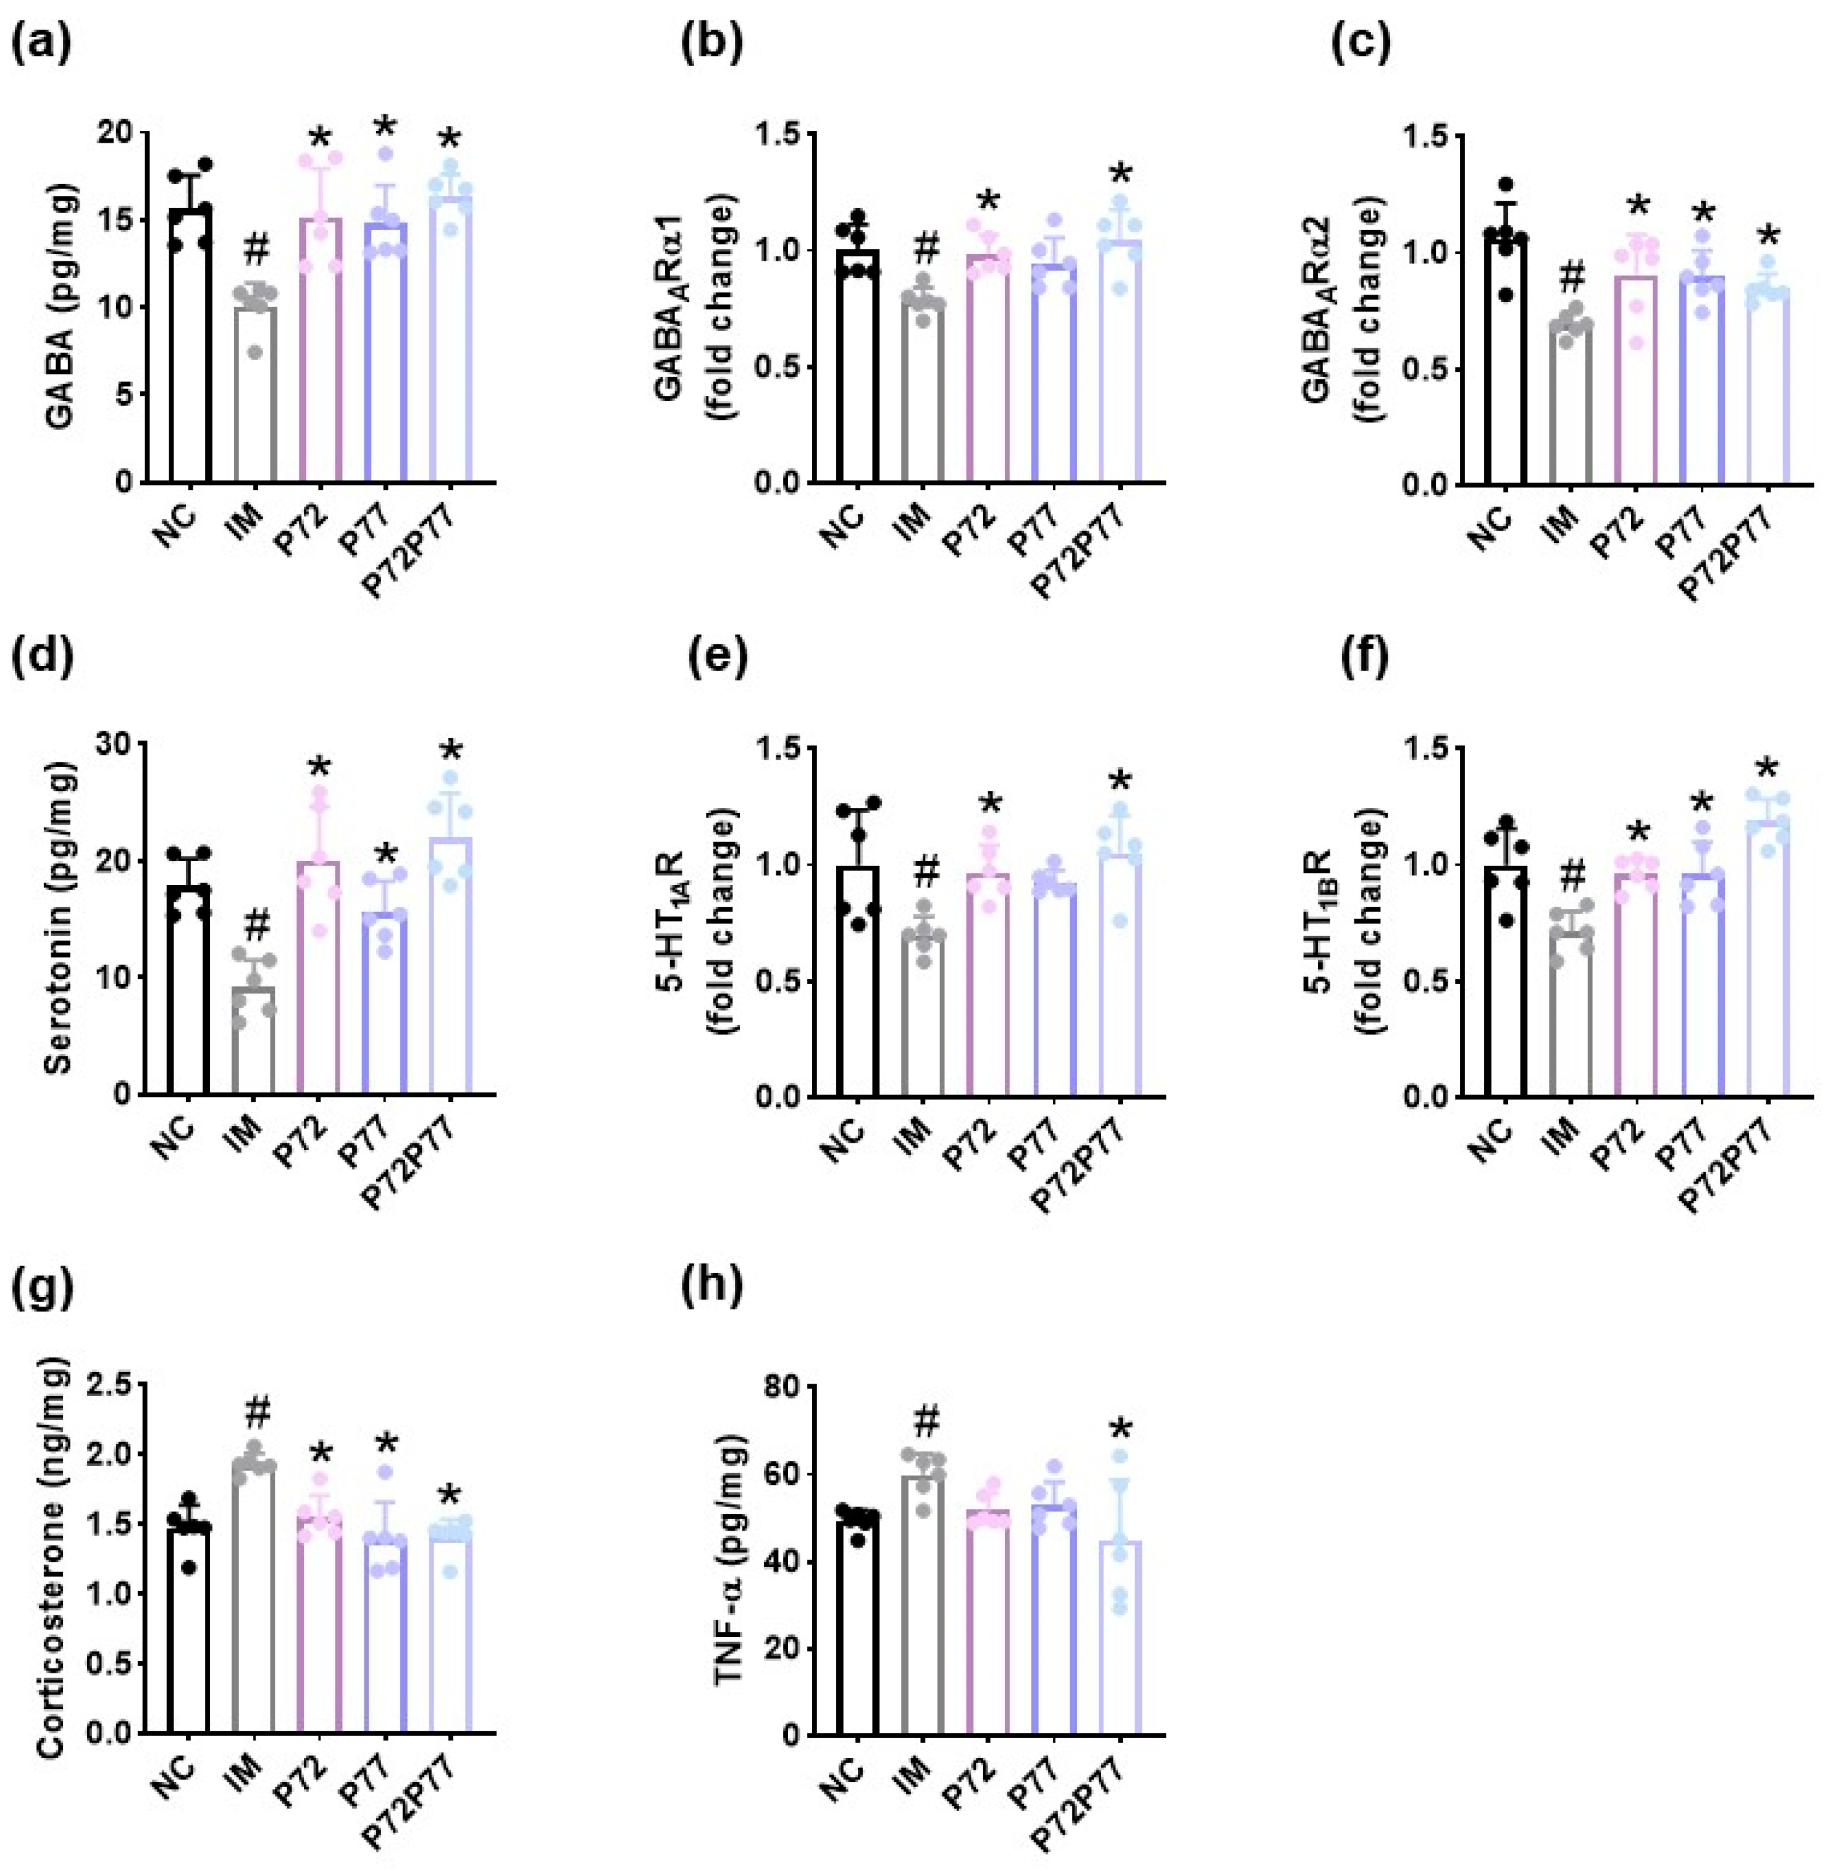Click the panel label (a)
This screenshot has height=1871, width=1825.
40,46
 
